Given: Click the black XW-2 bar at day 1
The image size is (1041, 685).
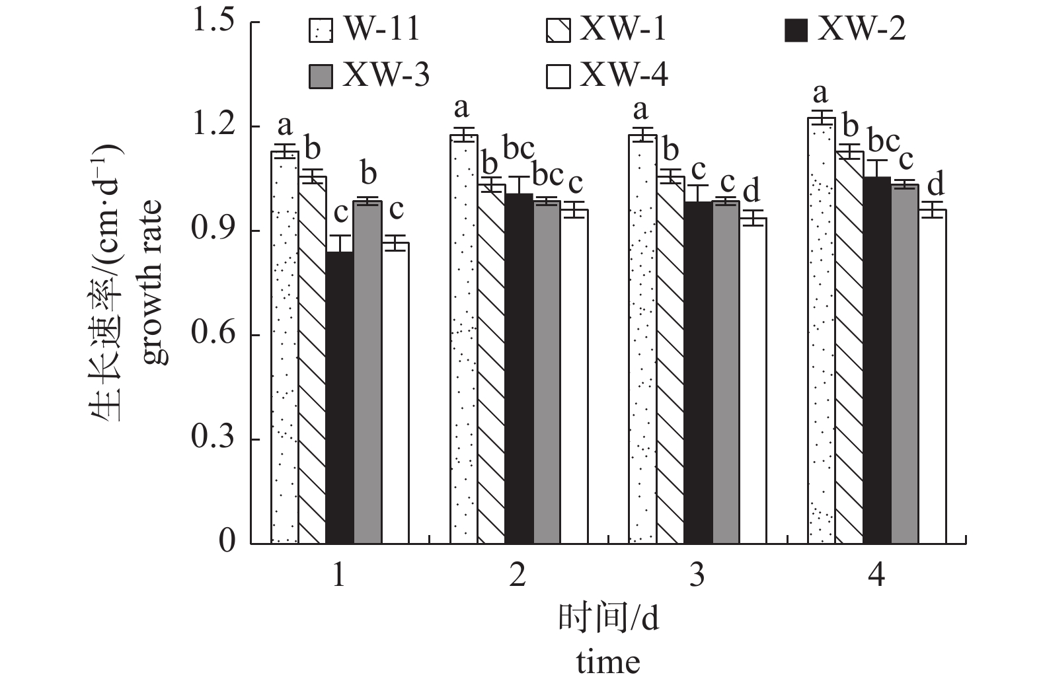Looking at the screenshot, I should (x=340, y=396).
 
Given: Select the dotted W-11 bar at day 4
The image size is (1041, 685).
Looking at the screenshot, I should (x=822, y=330).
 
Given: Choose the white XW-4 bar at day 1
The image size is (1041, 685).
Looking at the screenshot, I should (x=395, y=393).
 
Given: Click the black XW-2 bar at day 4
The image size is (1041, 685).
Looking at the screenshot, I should (x=877, y=360).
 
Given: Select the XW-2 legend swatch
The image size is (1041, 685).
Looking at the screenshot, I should (x=796, y=30).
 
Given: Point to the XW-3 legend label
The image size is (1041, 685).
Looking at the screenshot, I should (x=385, y=77).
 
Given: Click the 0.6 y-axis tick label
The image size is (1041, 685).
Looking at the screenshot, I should (x=213, y=335).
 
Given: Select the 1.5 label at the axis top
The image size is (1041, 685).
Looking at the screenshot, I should (x=213, y=22).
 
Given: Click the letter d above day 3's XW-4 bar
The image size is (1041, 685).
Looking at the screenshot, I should (x=752, y=191).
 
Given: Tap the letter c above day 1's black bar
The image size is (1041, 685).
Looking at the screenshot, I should (x=340, y=213).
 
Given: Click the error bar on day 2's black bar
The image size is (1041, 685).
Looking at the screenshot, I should (x=519, y=186).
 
